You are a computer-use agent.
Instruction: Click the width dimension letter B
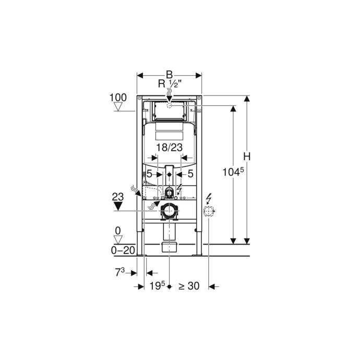pos(169,75)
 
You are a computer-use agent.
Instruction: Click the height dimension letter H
pos(247,157)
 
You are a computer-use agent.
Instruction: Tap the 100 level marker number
pos(118,98)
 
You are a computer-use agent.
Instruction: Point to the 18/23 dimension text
pos(170,148)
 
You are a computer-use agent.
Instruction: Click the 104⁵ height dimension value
pos(233,172)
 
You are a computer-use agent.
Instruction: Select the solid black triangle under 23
pos(118,206)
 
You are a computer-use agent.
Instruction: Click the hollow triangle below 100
pos(118,107)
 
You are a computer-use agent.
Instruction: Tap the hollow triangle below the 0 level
pos(118,239)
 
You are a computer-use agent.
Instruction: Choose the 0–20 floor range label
pos(123,250)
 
